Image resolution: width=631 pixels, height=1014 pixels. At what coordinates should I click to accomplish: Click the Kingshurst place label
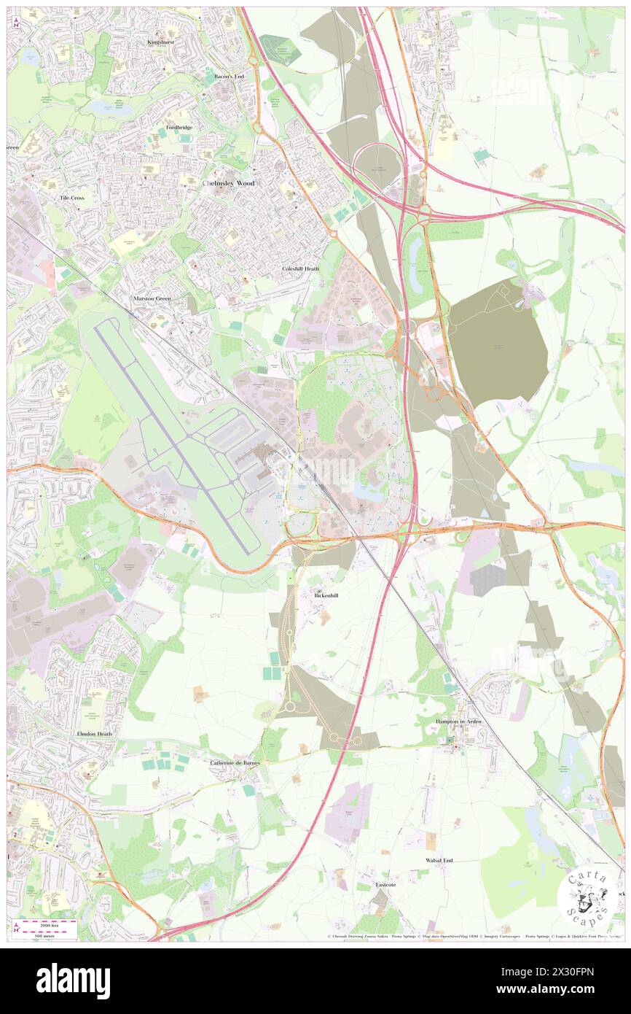[162, 42]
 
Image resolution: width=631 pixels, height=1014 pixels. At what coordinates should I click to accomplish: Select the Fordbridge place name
[179, 127]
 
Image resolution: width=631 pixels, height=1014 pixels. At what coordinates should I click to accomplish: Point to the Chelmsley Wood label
[228, 183]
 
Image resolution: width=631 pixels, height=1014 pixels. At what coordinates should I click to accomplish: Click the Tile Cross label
[77, 198]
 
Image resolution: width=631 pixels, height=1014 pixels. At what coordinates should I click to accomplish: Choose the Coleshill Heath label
[301, 268]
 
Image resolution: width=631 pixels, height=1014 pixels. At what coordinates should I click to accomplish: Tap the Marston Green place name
[152, 299]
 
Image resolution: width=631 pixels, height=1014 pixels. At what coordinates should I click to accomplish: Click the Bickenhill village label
[327, 595]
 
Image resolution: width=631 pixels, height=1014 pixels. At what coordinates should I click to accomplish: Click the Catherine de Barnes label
[235, 763]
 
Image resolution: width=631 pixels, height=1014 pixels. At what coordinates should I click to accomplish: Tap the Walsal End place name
[439, 860]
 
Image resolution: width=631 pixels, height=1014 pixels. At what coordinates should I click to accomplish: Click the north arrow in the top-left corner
[16, 20]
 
